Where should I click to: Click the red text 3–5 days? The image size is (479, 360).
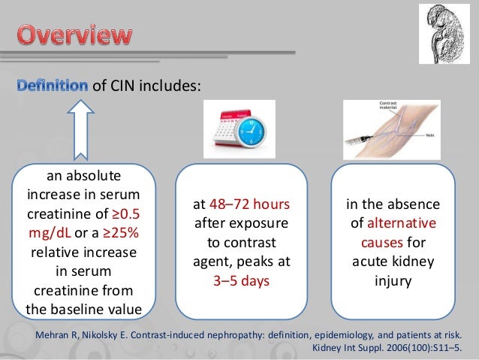[239, 283]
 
